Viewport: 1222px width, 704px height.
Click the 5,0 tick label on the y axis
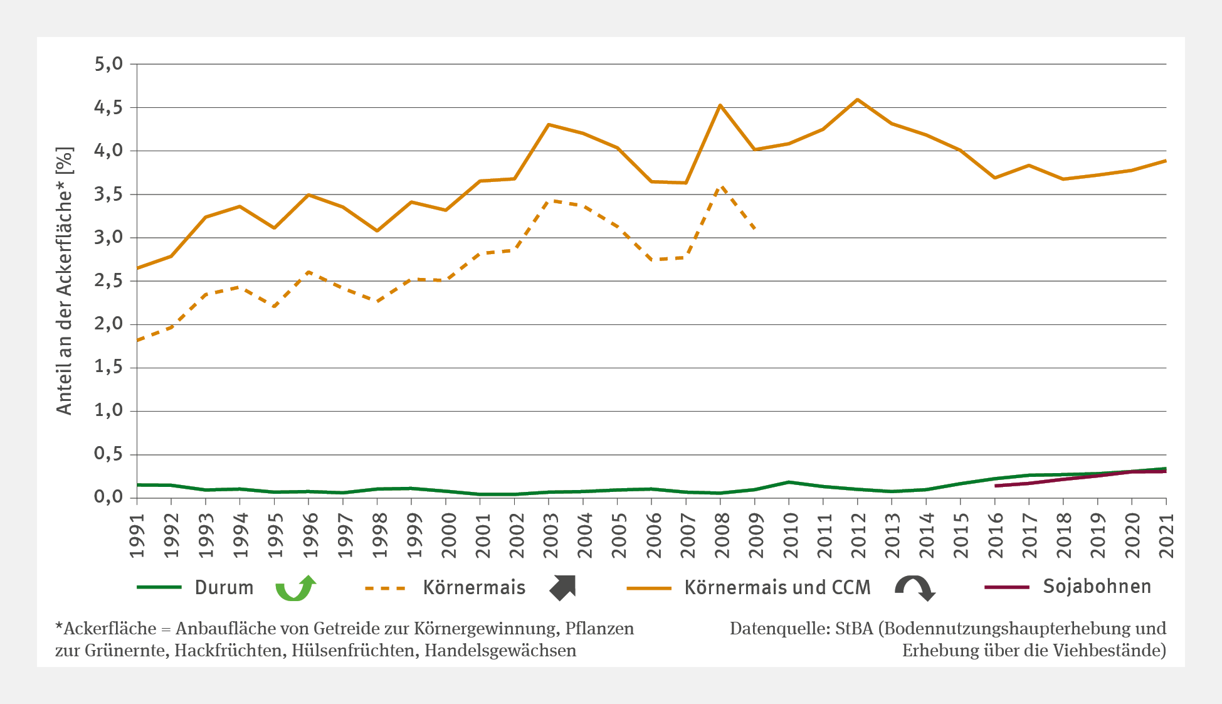click(108, 64)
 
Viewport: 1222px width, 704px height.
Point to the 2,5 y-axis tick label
click(108, 281)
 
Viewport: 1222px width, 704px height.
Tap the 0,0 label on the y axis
click(108, 498)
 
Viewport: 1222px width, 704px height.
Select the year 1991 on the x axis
click(137, 535)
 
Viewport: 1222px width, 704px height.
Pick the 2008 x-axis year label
click(721, 535)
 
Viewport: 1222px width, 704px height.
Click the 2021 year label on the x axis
click(1167, 535)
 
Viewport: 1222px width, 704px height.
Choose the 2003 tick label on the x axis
click(549, 535)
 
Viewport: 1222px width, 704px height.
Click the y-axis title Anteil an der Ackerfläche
click(65, 280)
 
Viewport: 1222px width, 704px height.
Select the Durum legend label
click(224, 587)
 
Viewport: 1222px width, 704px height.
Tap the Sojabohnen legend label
click(1097, 586)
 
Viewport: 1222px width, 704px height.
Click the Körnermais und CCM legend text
click(777, 587)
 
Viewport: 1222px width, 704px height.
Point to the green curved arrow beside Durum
click(296, 587)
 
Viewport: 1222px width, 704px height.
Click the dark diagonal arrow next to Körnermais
click(562, 587)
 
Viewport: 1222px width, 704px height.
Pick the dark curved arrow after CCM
click(915, 587)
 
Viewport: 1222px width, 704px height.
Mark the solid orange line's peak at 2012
click(857, 99)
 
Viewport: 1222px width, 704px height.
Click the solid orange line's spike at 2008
click(720, 105)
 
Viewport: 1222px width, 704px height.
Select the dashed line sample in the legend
click(385, 588)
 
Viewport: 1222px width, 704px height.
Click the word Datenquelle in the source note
click(770, 628)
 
